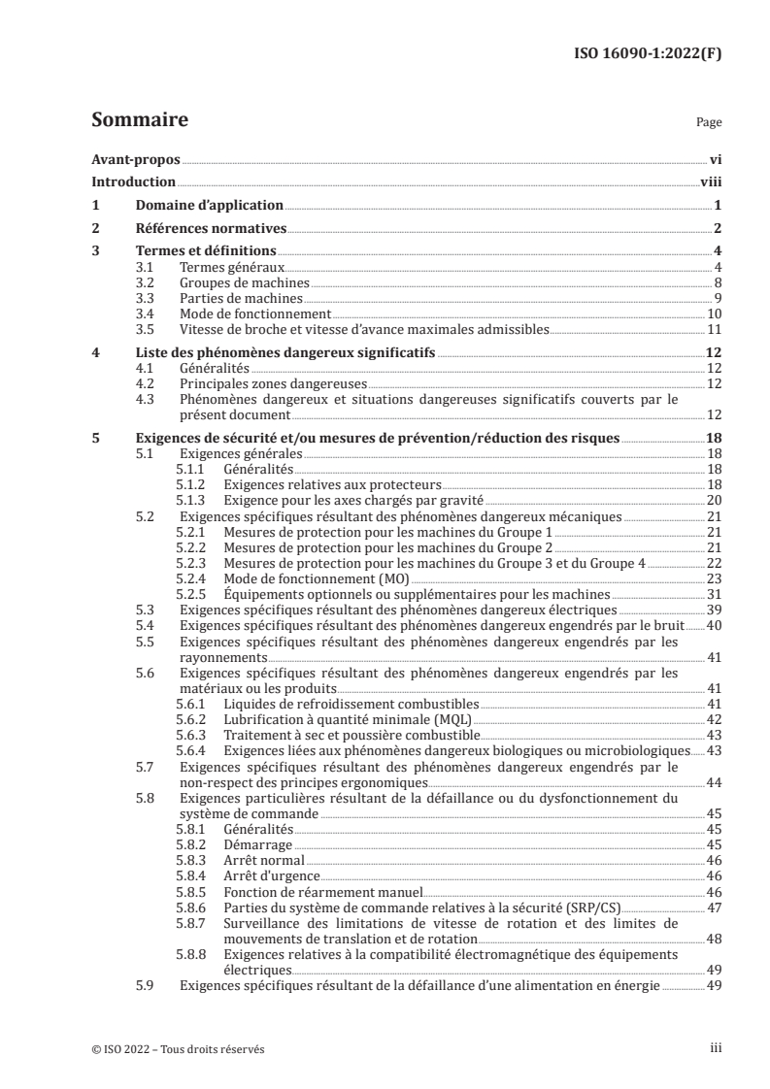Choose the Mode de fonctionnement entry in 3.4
pos(255,314)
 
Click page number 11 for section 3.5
pos(714,330)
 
